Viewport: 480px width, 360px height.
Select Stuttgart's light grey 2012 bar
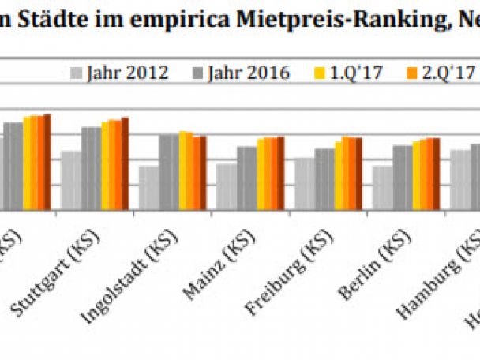(x=71, y=180)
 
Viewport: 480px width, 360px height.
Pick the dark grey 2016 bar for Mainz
(x=246, y=178)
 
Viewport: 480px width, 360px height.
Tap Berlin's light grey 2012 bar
(x=383, y=187)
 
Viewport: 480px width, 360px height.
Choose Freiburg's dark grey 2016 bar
(x=324, y=178)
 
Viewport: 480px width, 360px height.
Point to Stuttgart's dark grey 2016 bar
(x=91, y=168)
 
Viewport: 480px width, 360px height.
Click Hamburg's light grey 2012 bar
(x=459, y=179)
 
